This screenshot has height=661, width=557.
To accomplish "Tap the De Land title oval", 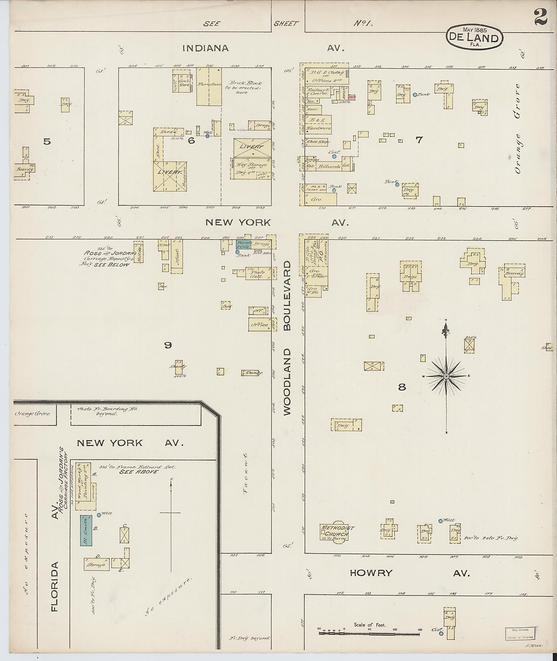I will [x=474, y=38].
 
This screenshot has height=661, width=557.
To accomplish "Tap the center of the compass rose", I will [x=446, y=376].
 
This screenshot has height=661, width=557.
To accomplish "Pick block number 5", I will [x=47, y=142].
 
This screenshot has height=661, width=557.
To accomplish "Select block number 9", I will [x=168, y=345].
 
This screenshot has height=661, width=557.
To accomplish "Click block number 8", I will [x=402, y=387].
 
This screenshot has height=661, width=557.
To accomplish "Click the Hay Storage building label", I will [x=251, y=165].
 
